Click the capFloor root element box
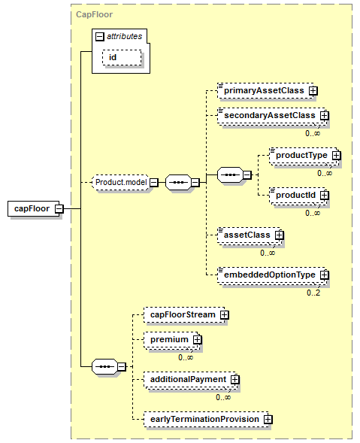tap(34, 209)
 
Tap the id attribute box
tap(122, 58)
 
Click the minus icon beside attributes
tap(100, 36)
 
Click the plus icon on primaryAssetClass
tap(313, 91)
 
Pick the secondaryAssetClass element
tap(271, 116)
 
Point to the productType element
tap(303, 156)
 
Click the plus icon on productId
tap(325, 196)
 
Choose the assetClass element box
tap(249, 235)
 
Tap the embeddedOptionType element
tap(271, 275)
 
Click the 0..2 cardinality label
tap(313, 293)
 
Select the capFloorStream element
tap(184, 314)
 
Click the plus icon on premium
tap(197, 340)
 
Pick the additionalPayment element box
tap(190, 379)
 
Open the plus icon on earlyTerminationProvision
tap(268, 420)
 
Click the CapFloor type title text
tap(94, 14)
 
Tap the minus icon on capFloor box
tap(59, 209)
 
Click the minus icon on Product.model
tap(154, 183)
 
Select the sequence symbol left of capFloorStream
tap(104, 367)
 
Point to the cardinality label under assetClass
tap(268, 253)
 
